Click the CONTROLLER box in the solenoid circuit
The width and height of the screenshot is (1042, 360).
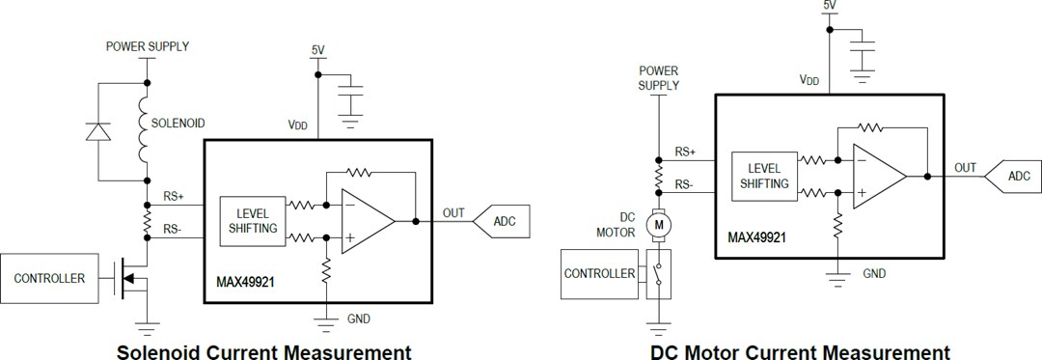49,279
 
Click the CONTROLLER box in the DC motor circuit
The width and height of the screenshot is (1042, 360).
599,273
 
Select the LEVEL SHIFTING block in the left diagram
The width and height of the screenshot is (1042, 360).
254,221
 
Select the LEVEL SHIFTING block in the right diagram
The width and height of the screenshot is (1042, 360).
762,177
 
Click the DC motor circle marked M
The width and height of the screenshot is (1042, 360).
660,225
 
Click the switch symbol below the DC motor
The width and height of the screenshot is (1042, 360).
659,273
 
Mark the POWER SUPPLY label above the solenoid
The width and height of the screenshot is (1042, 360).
147,46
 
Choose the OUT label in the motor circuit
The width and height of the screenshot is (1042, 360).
965,167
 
